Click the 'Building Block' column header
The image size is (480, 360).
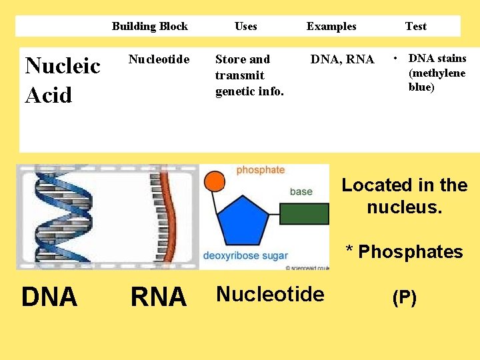tap(149, 27)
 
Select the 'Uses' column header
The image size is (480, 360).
tap(245, 27)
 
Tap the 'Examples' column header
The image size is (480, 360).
tap(331, 27)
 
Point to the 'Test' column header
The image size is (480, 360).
tap(415, 27)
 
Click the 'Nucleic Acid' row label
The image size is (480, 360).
tap(62, 80)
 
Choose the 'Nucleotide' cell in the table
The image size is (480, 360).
tap(159, 59)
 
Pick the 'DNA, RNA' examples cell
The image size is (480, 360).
tap(342, 59)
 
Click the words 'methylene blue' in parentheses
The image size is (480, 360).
tap(437, 80)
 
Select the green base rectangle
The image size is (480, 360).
tap(304, 213)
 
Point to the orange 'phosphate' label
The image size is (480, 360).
tap(260, 170)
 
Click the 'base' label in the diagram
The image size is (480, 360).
tap(301, 191)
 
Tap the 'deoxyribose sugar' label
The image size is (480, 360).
tap(245, 255)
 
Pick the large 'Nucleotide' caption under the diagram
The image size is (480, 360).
tap(270, 294)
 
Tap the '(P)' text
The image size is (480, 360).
tap(404, 298)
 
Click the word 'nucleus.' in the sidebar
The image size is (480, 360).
tap(404, 207)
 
